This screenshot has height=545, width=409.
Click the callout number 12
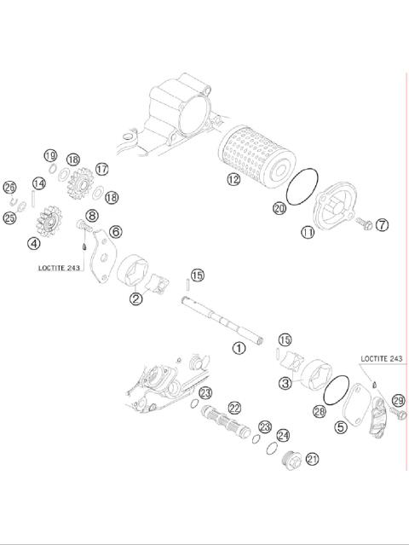233,180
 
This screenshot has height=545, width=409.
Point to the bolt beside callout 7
365,223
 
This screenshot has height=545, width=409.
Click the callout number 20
279,207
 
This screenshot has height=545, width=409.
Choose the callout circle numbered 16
73,159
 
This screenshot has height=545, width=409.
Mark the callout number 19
50,155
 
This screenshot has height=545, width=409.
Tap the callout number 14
38,183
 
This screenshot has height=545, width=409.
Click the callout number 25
10,218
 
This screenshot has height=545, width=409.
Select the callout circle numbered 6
115,231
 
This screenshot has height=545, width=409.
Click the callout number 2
135,299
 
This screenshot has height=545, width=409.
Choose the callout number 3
285,384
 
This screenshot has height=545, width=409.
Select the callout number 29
397,400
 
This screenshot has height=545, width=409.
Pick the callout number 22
233,408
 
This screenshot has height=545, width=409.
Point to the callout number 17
102,169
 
